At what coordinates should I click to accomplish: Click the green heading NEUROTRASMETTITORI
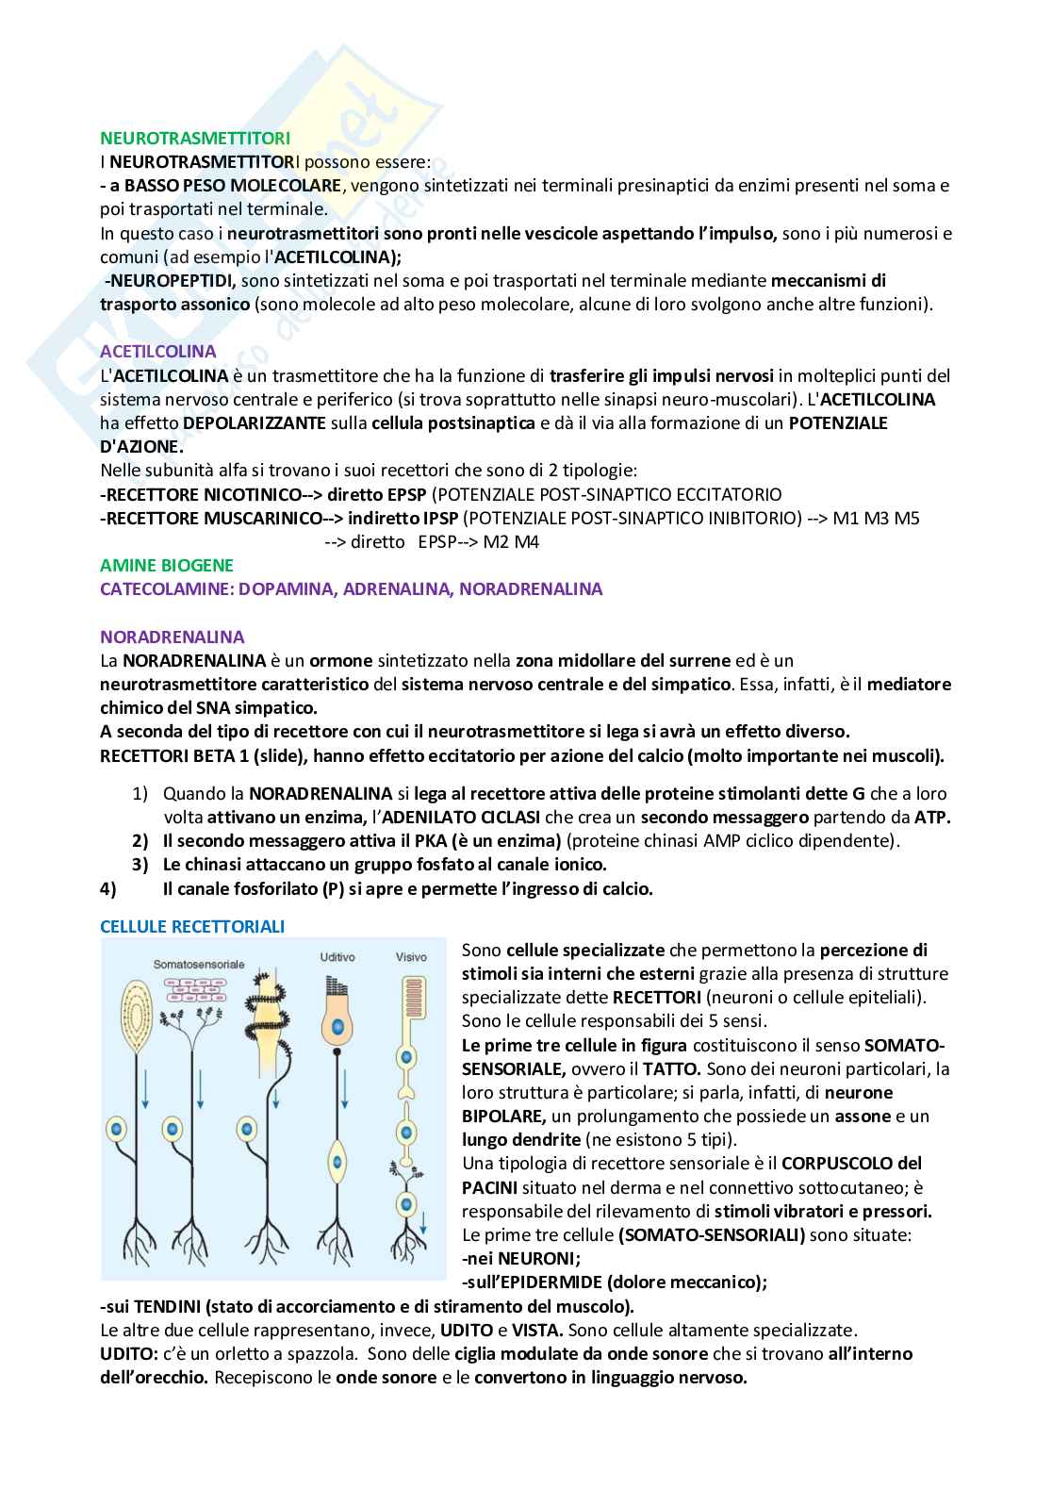point(195,139)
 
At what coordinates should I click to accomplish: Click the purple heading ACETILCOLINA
point(157,352)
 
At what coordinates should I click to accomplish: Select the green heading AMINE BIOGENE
point(167,565)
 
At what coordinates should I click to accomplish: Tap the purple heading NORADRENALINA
point(173,637)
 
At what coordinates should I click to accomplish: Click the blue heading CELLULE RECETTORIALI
point(192,927)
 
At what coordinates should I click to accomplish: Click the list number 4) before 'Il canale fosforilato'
point(107,888)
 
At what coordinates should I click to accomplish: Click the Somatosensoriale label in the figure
point(200,965)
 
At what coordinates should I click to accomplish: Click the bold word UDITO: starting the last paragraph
point(128,1353)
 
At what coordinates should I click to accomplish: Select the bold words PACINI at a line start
point(489,1186)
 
